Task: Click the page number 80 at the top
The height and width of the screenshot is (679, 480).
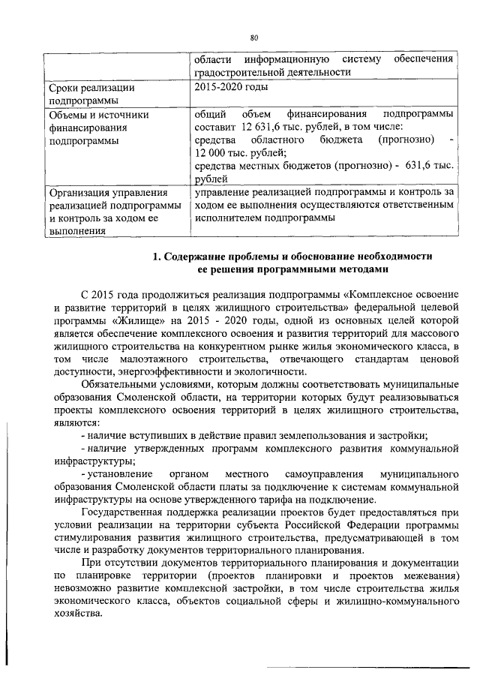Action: [253, 38]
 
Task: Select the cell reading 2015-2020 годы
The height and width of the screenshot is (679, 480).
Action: [228, 88]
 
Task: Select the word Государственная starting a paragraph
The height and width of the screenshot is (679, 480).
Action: [130, 513]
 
